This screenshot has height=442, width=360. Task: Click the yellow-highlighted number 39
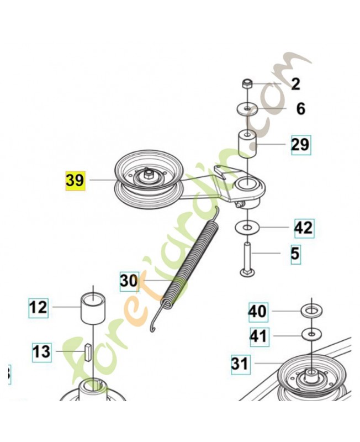75,181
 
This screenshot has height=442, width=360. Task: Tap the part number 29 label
301,145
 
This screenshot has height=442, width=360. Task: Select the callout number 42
304,228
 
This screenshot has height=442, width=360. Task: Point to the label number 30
129,281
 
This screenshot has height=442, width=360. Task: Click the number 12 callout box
38,308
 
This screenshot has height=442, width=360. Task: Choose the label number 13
42,352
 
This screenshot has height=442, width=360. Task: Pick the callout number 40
258,312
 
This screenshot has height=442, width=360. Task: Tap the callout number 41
259,336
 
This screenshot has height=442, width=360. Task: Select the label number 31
240,364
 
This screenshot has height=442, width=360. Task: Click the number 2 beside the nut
295,84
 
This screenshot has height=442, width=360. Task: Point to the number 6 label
301,108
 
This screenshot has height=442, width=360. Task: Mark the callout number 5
295,254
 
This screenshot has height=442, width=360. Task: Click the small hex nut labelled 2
247,83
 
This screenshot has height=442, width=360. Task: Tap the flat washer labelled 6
247,108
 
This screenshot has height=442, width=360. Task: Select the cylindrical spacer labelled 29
248,144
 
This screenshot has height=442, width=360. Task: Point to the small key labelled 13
88,351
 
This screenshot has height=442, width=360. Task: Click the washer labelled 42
247,227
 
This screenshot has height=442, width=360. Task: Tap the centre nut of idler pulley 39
147,175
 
